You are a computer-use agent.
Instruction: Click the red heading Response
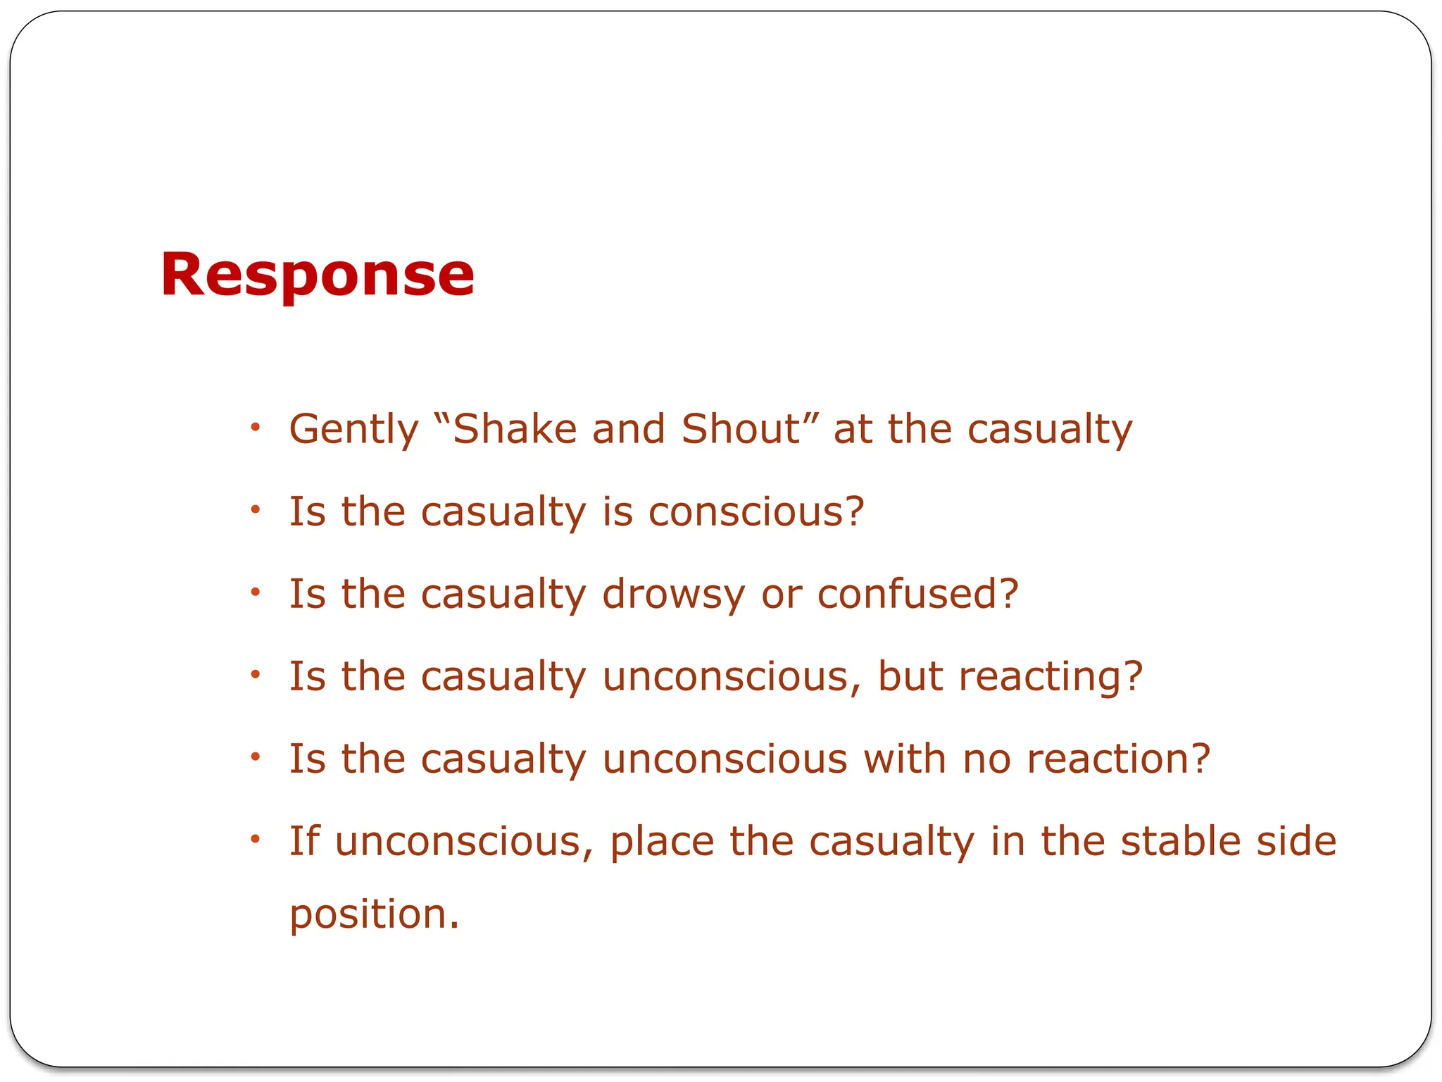click(x=317, y=275)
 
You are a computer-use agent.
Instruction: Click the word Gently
click(x=353, y=429)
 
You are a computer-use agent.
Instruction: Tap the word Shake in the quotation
click(x=515, y=429)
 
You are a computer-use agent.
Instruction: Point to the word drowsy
click(x=673, y=594)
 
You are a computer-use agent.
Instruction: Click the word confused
click(x=917, y=594)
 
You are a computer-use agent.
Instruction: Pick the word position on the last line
click(x=374, y=914)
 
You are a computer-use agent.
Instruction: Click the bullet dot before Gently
click(x=256, y=427)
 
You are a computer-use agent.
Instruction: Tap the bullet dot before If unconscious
click(x=256, y=839)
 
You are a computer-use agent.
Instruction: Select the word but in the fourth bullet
click(x=910, y=676)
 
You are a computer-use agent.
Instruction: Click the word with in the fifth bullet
click(x=905, y=759)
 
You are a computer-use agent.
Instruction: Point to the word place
click(x=662, y=841)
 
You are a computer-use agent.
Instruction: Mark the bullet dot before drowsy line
click(x=256, y=592)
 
